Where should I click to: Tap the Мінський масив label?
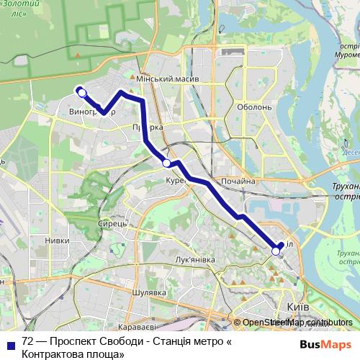[167, 78]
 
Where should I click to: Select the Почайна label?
[238, 181]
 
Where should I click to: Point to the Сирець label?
[113, 224]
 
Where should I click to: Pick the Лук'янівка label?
[195, 258]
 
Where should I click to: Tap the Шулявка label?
[150, 292]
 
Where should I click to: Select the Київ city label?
[298, 307]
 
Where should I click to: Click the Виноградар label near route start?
[91, 113]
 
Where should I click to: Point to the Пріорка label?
[147, 127]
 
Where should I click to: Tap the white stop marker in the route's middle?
[167, 163]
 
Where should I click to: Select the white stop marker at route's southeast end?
[275, 251]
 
